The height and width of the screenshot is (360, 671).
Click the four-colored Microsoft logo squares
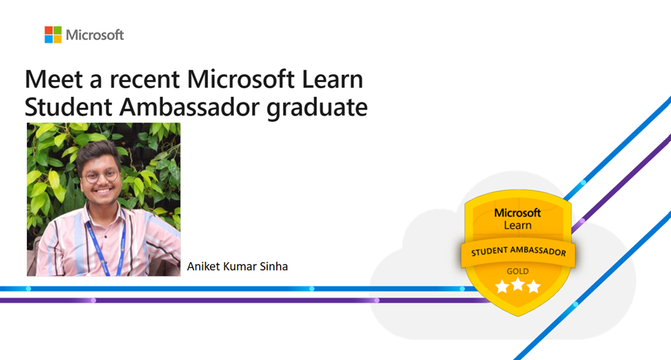[x=53, y=34]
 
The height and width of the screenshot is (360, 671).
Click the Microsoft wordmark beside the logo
[x=95, y=34]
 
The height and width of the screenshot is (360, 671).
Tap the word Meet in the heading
[x=48, y=80]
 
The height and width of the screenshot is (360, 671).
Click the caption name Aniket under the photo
[x=204, y=266]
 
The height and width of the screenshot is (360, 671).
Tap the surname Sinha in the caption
[x=273, y=266]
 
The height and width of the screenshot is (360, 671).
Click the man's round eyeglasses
[x=99, y=175]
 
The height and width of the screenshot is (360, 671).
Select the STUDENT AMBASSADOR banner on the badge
[x=518, y=252]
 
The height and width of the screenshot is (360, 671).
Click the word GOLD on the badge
[x=518, y=271]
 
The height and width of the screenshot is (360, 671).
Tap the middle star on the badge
[x=518, y=285]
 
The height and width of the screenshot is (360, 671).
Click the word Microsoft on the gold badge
[x=518, y=213]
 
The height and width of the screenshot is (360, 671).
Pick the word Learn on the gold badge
[x=518, y=225]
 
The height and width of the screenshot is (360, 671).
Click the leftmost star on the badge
[x=502, y=286]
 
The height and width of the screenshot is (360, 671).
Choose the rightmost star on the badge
[x=534, y=286]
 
